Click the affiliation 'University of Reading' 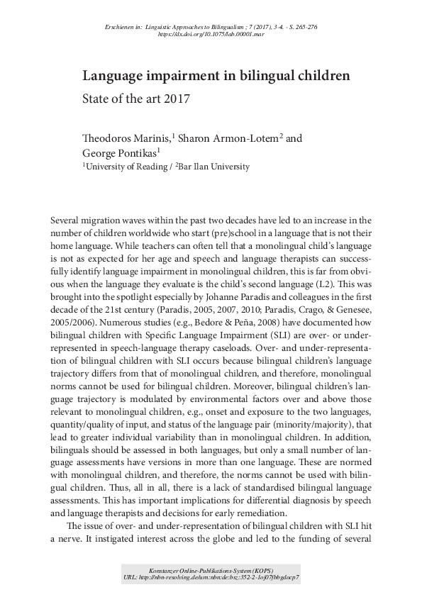point(124,167)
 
